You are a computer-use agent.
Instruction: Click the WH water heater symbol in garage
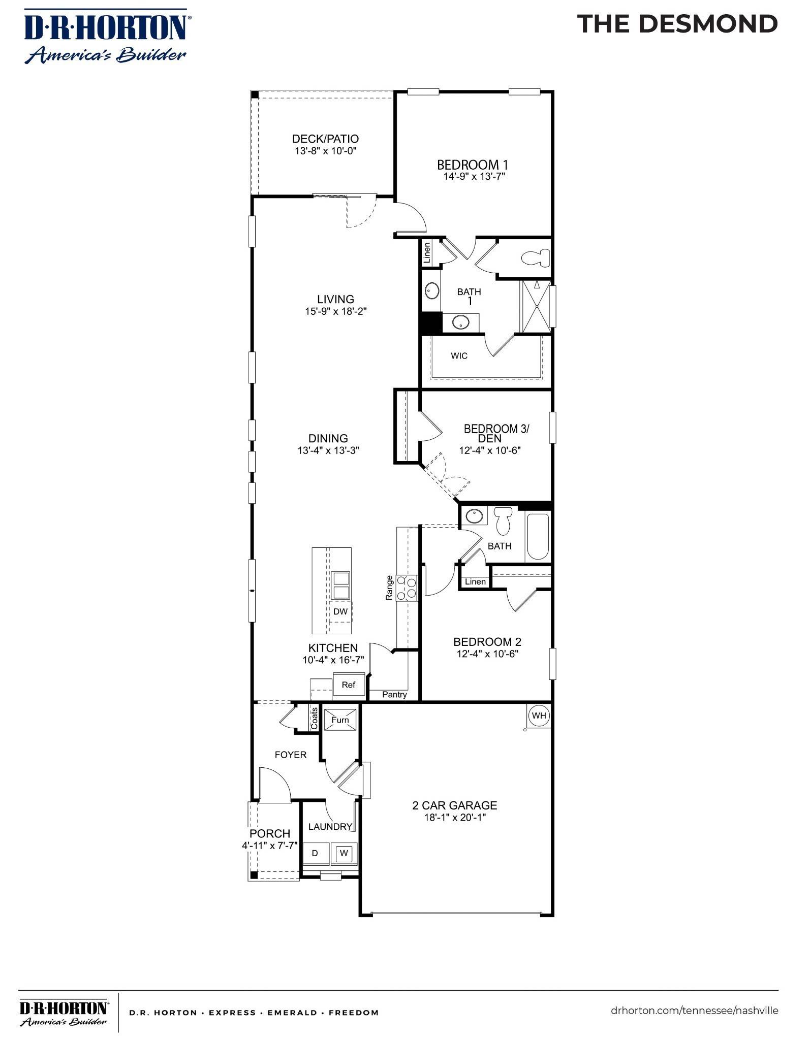point(539,716)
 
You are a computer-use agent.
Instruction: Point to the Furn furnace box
point(340,720)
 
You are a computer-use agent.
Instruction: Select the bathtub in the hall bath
point(538,537)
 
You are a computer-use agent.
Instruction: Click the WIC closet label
point(459,356)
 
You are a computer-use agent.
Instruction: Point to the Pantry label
point(394,695)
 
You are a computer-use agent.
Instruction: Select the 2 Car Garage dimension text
point(455,818)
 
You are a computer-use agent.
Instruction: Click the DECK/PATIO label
point(325,139)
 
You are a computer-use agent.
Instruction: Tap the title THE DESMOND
point(677,24)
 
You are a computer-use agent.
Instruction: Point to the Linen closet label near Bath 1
point(427,252)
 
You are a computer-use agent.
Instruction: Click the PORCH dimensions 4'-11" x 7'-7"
point(269,846)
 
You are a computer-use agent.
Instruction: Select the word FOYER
point(291,755)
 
